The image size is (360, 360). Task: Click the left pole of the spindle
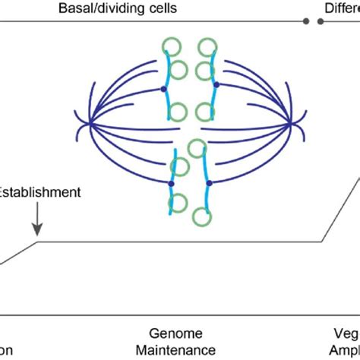point(89,123)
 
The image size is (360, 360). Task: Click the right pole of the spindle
point(292,123)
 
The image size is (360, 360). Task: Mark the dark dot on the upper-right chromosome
point(217,84)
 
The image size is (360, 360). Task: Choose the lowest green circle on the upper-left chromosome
point(178,113)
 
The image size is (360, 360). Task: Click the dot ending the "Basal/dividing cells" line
point(306,21)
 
